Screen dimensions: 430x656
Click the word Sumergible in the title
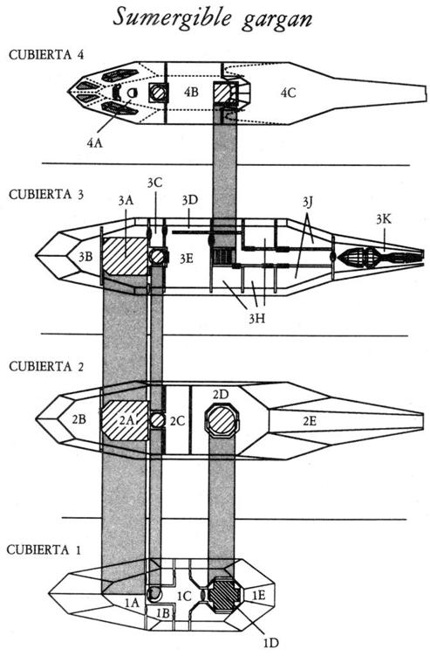pyautogui.click(x=171, y=18)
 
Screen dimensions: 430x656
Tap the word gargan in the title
pyautogui.click(x=276, y=20)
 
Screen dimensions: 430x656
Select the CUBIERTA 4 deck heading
pyautogui.click(x=46, y=55)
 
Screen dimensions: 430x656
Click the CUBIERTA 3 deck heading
pyautogui.click(x=46, y=195)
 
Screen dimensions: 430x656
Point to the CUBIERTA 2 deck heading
pyautogui.click(x=46, y=367)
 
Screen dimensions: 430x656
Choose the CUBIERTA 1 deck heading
pyautogui.click(x=44, y=549)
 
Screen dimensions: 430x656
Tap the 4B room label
pyautogui.click(x=191, y=92)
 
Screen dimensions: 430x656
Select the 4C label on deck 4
pyautogui.click(x=288, y=93)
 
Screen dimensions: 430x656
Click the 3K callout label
pyautogui.click(x=384, y=218)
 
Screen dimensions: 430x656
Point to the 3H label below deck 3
pyautogui.click(x=256, y=319)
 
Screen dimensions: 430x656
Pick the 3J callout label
pyautogui.click(x=308, y=203)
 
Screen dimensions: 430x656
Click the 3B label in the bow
pyautogui.click(x=86, y=257)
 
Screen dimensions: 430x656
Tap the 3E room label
pyautogui.click(x=187, y=259)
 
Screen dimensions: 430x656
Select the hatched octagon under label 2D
pyautogui.click(x=222, y=421)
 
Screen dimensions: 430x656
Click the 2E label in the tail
pyautogui.click(x=310, y=421)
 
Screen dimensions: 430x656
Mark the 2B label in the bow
pyautogui.click(x=79, y=418)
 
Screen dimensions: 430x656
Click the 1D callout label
pyautogui.click(x=270, y=642)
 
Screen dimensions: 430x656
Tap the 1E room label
pyautogui.click(x=259, y=595)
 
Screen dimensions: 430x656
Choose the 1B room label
pyautogui.click(x=163, y=613)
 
